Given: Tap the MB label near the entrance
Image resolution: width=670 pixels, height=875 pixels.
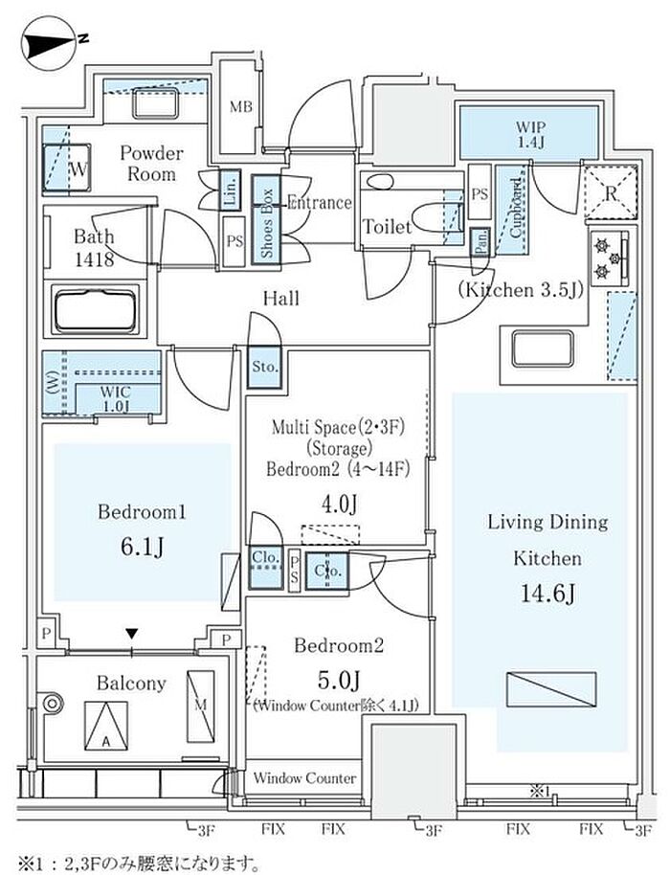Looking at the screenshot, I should pos(240,106).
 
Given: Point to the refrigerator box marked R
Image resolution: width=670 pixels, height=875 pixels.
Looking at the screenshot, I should pos(611,189).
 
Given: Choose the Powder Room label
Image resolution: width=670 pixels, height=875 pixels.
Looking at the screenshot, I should pos(151,163).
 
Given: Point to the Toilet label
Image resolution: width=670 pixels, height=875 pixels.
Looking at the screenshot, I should pos(387,228).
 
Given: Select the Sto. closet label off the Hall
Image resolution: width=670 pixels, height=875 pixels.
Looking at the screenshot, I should pos(265,366).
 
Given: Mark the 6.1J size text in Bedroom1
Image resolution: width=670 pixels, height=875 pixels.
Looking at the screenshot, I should pos(142,547).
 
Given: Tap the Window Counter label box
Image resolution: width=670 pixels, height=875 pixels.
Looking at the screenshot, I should pos(304,779).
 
